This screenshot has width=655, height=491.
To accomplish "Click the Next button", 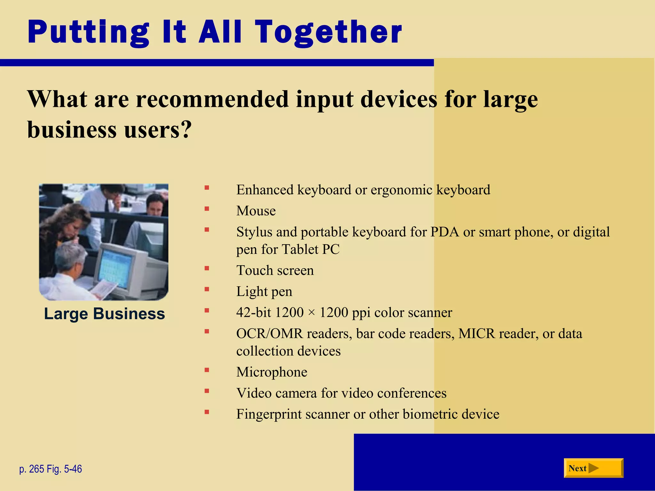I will click(x=593, y=468).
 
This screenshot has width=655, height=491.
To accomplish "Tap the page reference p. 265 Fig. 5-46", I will click(x=51, y=469).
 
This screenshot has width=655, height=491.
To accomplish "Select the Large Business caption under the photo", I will click(x=104, y=314).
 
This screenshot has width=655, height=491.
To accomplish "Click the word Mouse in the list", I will click(x=256, y=211).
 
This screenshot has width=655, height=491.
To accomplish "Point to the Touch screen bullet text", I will click(x=275, y=270).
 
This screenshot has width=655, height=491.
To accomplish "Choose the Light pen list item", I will click(x=264, y=292).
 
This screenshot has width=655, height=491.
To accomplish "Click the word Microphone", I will click(x=272, y=372).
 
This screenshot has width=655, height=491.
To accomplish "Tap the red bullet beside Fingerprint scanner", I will click(x=207, y=412).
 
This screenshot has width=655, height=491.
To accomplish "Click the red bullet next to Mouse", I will click(x=207, y=209).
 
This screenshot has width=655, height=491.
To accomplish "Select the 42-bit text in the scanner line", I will click(x=254, y=312).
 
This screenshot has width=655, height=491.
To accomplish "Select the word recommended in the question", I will click(x=212, y=99).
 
